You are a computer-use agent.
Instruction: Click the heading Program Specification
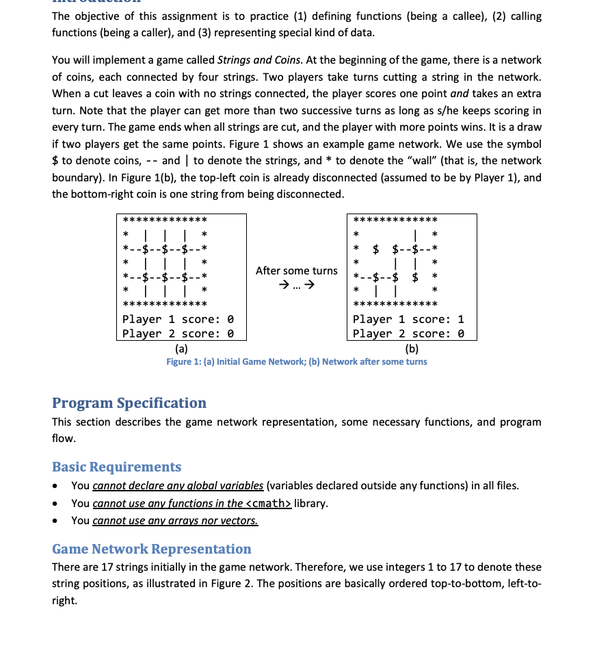(129, 403)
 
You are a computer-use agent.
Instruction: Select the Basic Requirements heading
(117, 467)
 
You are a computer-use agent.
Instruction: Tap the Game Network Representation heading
(152, 549)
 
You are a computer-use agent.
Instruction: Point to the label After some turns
(296, 270)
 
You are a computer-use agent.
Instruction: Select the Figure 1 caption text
(296, 361)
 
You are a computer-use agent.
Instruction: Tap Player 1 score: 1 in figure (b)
(408, 319)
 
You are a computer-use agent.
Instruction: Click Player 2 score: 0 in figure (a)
(178, 333)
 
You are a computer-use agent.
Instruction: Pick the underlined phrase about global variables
(178, 486)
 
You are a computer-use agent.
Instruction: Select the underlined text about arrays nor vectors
(175, 520)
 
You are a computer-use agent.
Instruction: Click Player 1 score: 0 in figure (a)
(178, 319)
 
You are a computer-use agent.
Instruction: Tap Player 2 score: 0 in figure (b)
(408, 333)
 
